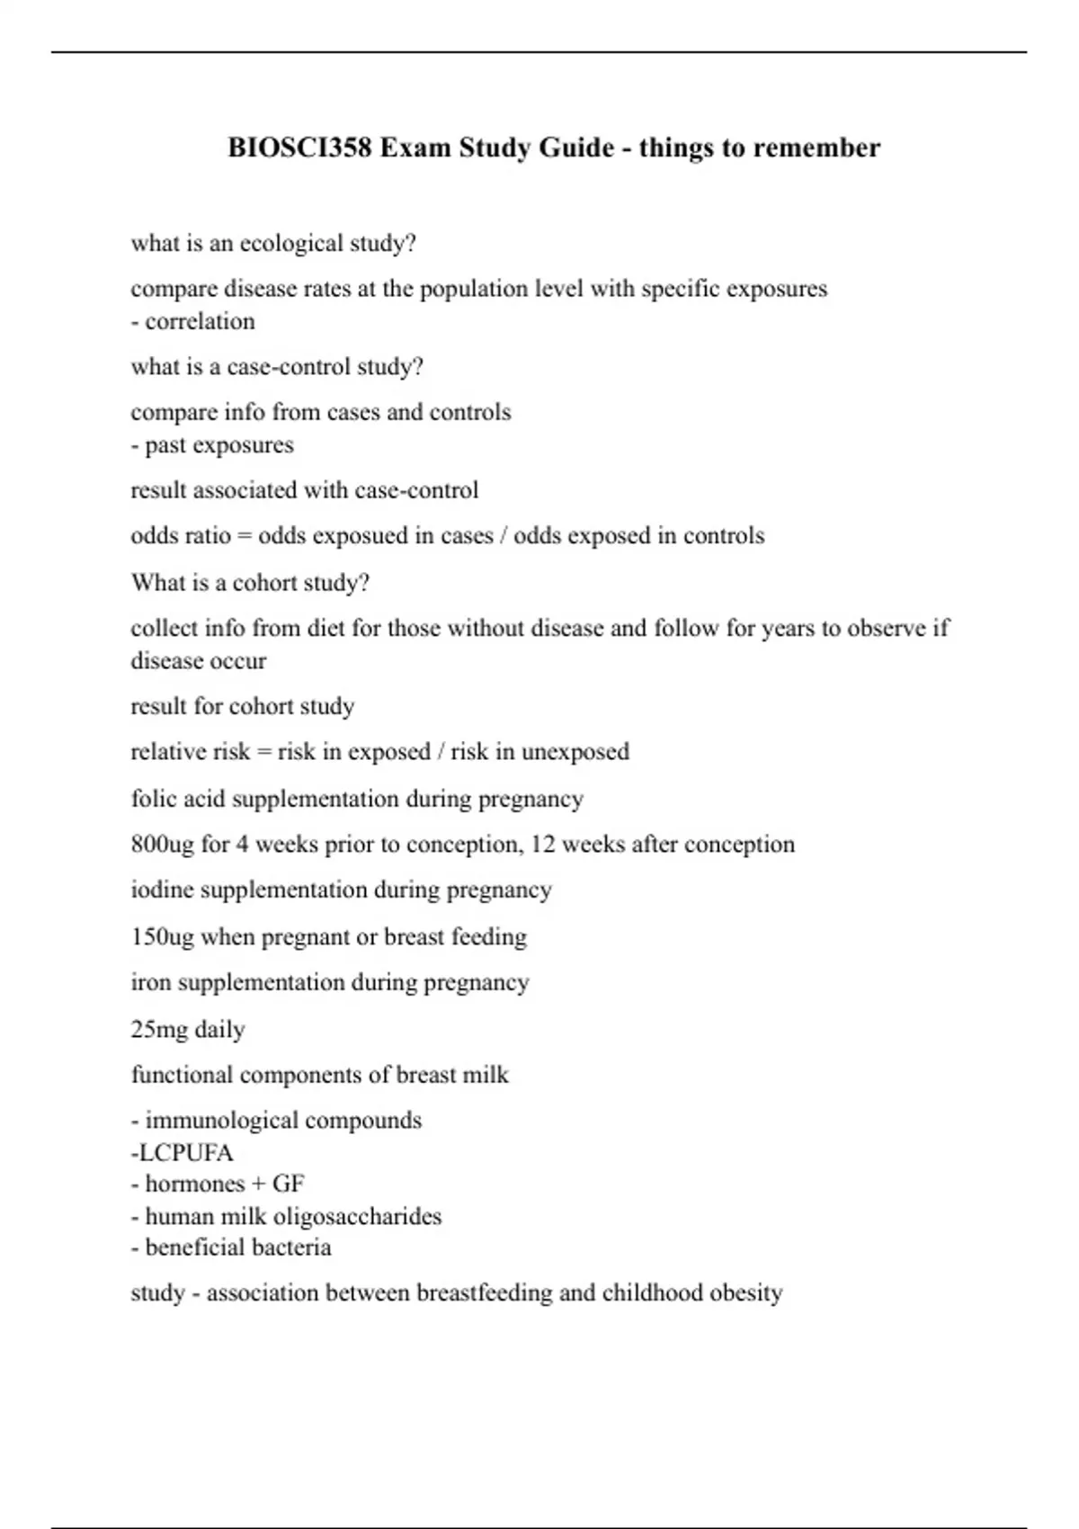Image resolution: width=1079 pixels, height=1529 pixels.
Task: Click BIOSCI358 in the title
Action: coord(299,148)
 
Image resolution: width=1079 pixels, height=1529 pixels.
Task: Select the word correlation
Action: coord(200,322)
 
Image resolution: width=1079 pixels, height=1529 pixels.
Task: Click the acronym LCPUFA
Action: coord(186,1153)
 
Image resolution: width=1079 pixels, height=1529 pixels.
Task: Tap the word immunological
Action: coord(214,1121)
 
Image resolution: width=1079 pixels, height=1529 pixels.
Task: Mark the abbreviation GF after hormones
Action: coord(288,1185)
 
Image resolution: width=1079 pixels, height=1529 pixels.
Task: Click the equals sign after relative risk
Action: coord(263,752)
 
